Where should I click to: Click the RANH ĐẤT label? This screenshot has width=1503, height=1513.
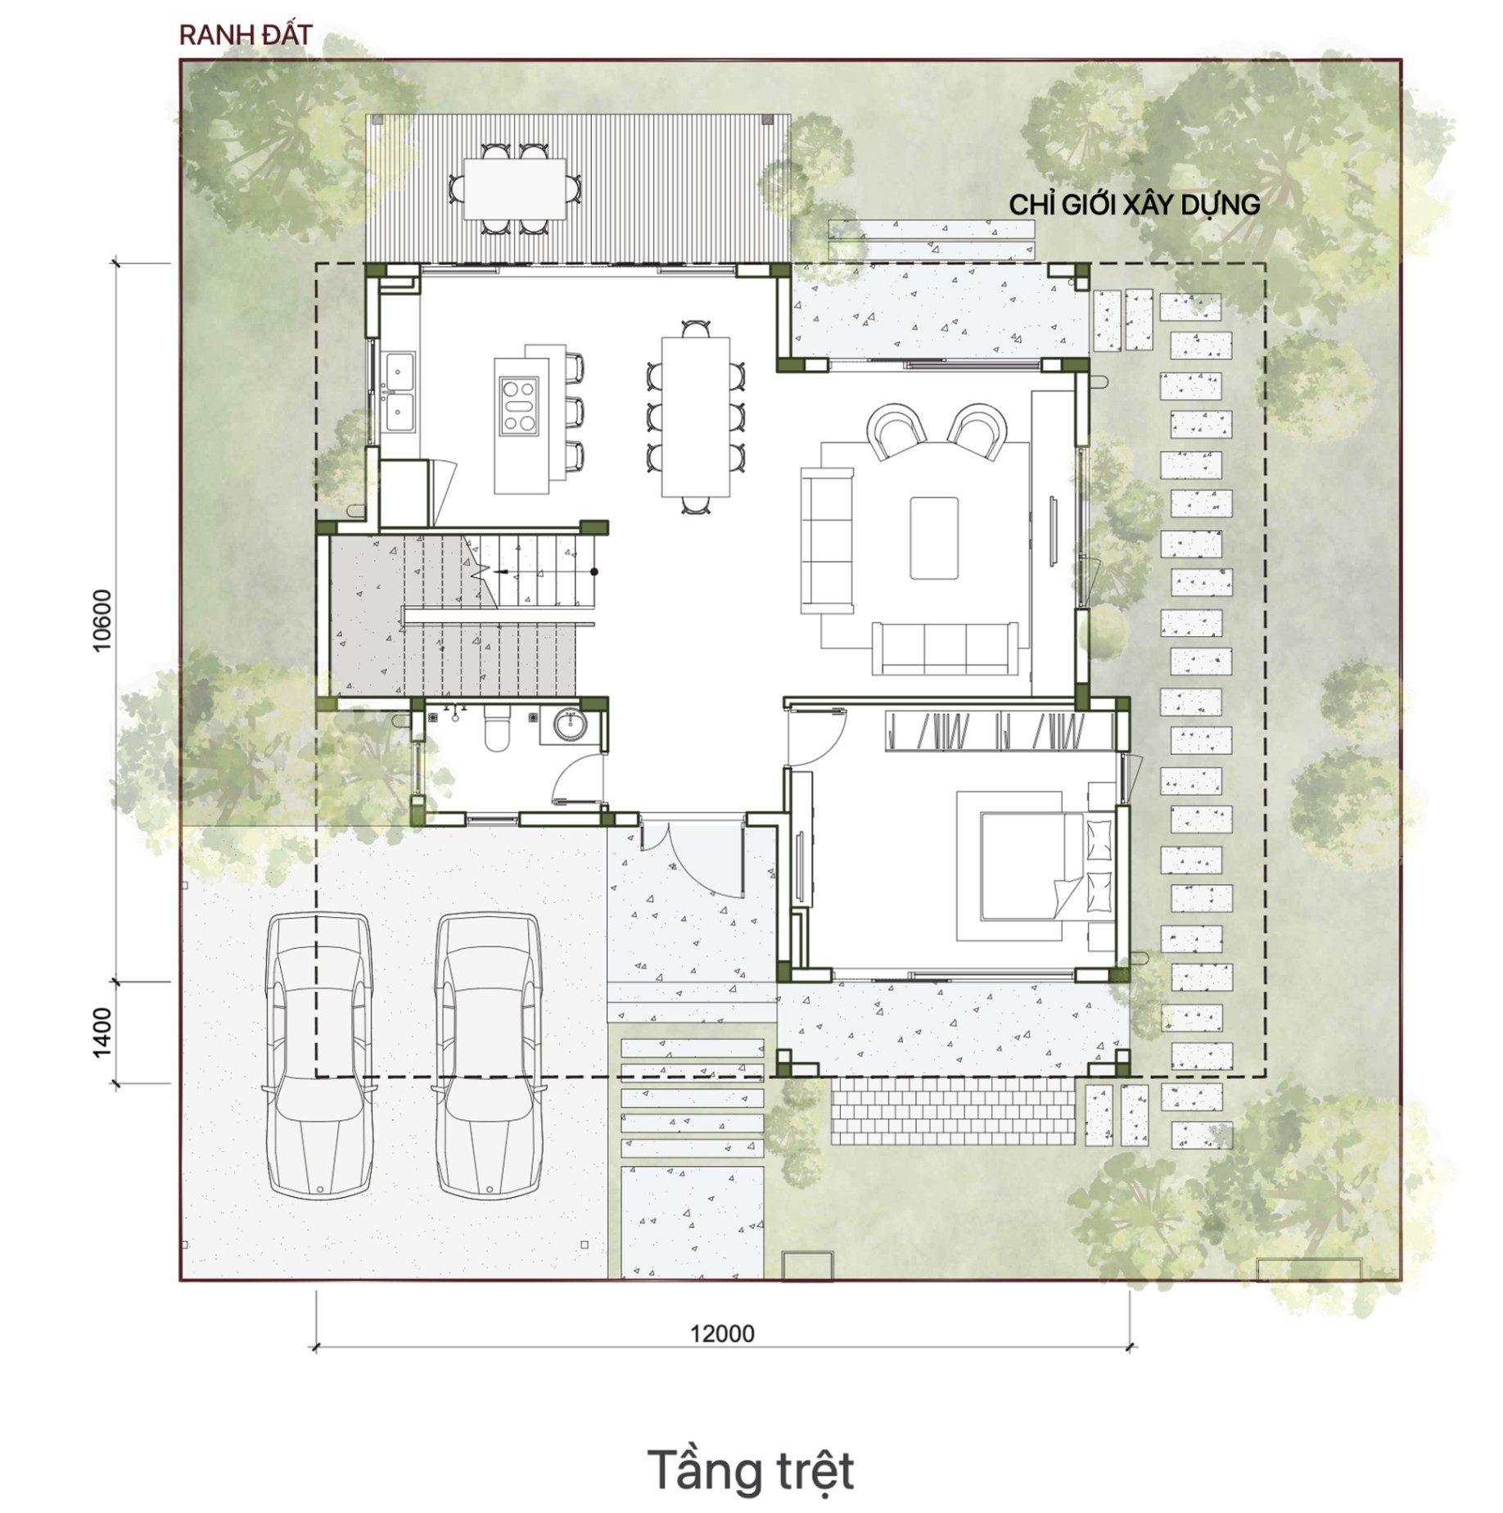pos(246,35)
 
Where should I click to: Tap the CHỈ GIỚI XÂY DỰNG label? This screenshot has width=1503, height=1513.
pos(1134,205)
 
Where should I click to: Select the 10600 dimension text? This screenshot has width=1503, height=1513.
pos(102,620)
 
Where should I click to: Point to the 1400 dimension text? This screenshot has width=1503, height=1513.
pos(102,1032)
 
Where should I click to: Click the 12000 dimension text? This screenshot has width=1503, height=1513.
pos(722,1333)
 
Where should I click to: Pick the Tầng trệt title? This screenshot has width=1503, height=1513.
pos(751,1470)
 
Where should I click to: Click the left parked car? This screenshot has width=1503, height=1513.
pos(318,1055)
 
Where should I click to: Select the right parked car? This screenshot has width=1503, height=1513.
pos(488,1055)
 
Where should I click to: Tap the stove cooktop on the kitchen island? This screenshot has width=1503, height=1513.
pos(519,405)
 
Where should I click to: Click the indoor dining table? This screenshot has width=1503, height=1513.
pos(695,417)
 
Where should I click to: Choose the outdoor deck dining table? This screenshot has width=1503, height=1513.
pos(514,188)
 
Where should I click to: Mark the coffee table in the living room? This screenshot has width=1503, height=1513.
pos(933,538)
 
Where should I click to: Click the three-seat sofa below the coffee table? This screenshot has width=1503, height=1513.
pos(945,648)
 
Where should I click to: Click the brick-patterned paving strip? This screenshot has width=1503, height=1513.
pos(953,1111)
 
